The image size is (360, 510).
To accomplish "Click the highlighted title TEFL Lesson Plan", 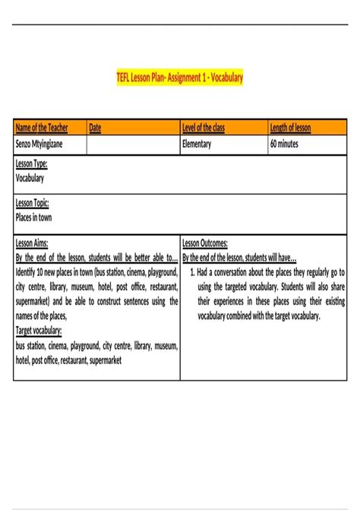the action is [179, 78].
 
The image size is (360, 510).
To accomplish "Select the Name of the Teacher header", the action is [43, 128].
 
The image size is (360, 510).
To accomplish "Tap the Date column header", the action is [95, 128].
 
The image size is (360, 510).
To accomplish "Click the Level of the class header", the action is [204, 128].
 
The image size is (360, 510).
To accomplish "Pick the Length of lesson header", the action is [290, 128].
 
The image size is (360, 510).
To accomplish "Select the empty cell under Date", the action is [133, 144].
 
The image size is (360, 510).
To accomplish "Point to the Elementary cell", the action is [197, 143].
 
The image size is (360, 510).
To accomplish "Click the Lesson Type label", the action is [32, 163].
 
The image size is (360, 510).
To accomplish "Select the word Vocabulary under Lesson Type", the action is [30, 178].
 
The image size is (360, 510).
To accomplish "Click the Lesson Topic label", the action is [33, 203].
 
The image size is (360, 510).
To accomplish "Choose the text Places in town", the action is [33, 217].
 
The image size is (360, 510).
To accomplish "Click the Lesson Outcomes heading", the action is [205, 243].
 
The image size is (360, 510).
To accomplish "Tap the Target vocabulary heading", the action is [39, 331].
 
